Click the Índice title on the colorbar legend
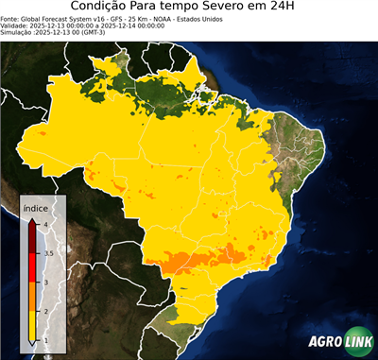pos(35,208)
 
